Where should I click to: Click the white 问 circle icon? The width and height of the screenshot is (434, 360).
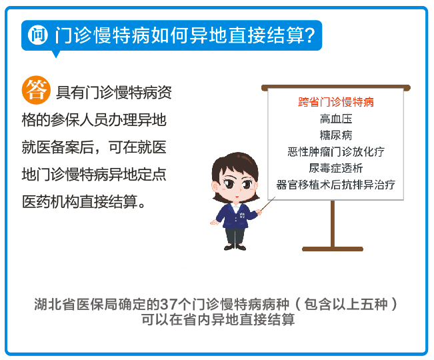[37, 35]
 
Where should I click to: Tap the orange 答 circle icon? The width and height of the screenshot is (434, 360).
[36, 90]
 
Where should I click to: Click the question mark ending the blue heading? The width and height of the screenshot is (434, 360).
[310, 35]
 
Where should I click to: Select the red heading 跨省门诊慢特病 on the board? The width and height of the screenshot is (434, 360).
[336, 102]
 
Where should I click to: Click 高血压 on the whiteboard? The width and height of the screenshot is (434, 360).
[336, 119]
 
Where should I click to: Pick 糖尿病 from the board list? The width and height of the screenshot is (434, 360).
[336, 135]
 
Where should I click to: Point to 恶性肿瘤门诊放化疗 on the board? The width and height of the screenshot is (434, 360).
[336, 151]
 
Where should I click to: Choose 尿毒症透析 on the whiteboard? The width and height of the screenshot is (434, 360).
[336, 168]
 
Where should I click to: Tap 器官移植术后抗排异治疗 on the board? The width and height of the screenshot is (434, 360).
[336, 185]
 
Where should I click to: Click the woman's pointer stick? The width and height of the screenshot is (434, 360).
[267, 204]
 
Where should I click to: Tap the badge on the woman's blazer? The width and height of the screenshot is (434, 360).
[242, 215]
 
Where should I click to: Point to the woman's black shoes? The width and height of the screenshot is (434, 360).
[235, 247]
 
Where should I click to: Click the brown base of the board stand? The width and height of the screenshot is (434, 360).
[333, 249]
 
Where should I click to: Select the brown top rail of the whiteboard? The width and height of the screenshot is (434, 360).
[336, 88]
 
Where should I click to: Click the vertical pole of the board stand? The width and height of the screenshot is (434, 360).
[333, 223]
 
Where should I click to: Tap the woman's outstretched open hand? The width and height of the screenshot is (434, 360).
[214, 222]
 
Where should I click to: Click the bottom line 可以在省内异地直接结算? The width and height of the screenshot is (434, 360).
[218, 319]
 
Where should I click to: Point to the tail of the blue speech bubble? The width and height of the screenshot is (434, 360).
[56, 54]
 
